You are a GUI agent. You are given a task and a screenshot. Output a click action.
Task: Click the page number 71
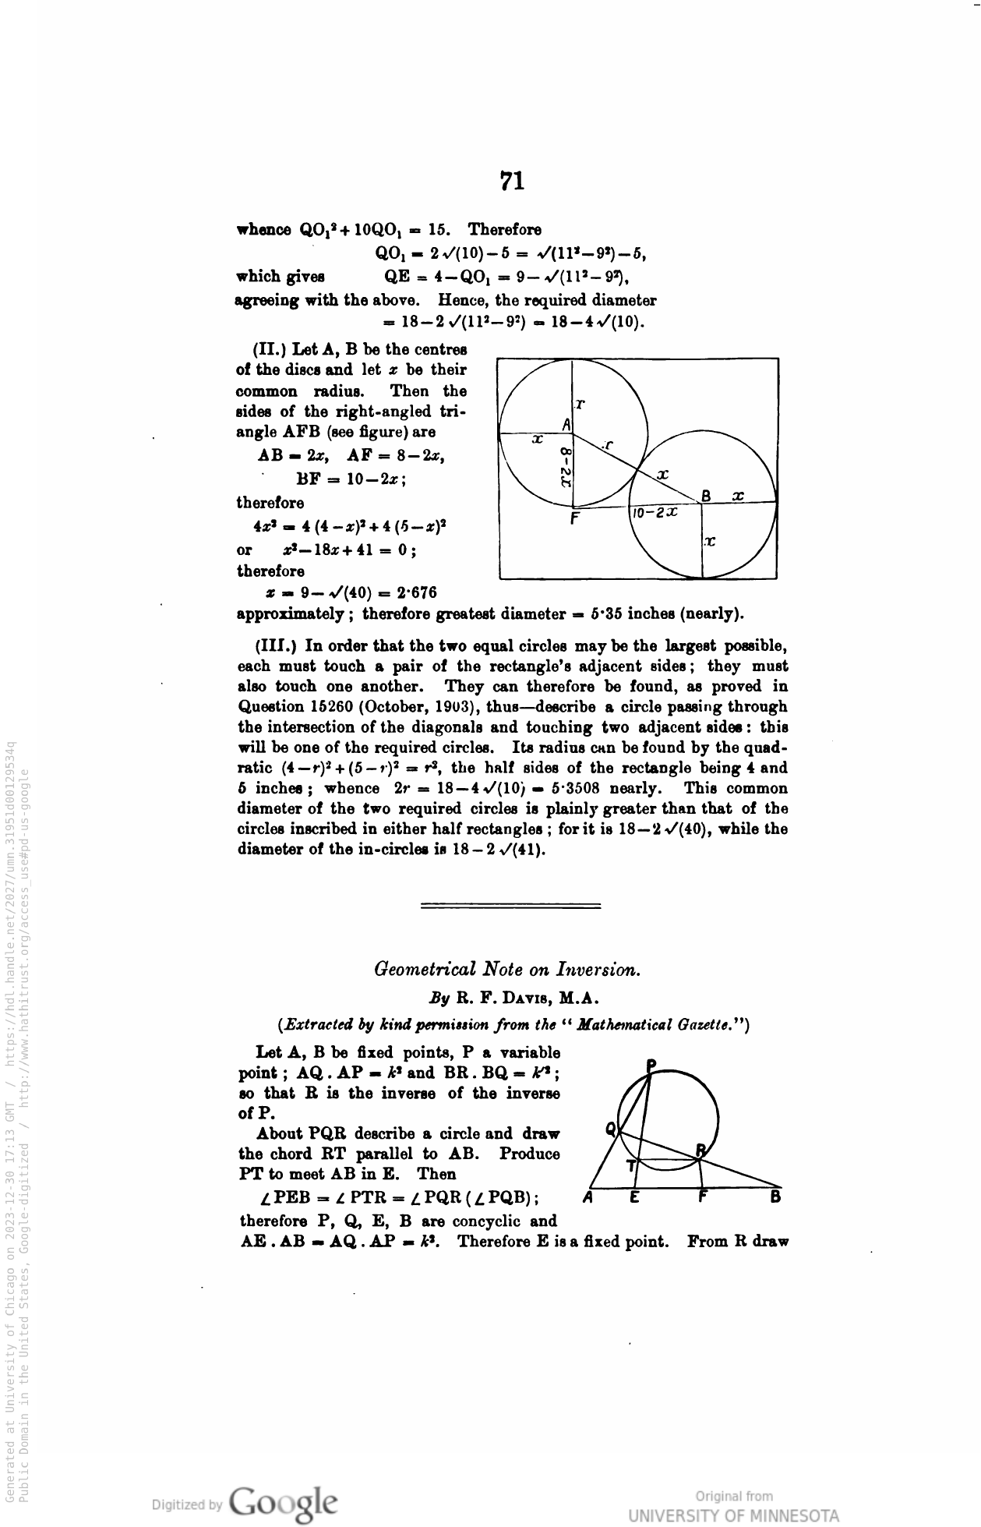click(512, 182)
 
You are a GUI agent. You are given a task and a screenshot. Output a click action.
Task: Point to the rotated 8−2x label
click(566, 466)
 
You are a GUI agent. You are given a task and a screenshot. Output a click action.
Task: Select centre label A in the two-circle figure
click(566, 423)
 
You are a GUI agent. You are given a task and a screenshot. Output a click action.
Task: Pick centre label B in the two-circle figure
click(707, 496)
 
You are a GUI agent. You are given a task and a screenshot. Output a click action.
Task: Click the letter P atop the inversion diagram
click(651, 1066)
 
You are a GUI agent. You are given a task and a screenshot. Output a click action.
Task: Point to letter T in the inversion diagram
click(632, 1166)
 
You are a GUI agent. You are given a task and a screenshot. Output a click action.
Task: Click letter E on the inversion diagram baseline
click(635, 1198)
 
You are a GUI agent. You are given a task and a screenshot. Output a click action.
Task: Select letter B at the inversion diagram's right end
click(775, 1198)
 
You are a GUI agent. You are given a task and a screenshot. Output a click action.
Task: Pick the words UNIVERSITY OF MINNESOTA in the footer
click(734, 1516)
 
